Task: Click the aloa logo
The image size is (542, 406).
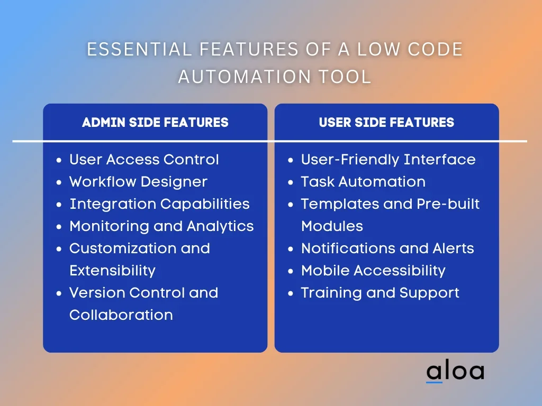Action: tap(455, 371)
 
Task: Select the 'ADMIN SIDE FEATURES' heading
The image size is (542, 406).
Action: tap(155, 122)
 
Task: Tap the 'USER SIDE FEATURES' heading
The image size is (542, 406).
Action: tap(386, 122)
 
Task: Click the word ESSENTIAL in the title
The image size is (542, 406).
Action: tap(139, 49)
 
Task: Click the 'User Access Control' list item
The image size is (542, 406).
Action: tap(144, 160)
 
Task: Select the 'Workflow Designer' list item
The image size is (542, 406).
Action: tap(138, 182)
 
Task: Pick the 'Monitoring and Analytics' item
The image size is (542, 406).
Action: tap(162, 226)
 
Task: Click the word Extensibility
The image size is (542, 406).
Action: tap(112, 271)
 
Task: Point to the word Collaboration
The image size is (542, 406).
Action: tap(121, 315)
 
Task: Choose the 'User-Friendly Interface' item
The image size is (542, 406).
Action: tap(388, 160)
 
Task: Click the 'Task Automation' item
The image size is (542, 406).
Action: tap(363, 182)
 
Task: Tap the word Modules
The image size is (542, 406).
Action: tap(332, 226)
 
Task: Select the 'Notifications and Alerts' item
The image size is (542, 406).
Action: tap(387, 248)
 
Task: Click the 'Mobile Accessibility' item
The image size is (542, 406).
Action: tap(373, 271)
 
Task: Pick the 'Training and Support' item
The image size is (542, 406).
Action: tap(380, 293)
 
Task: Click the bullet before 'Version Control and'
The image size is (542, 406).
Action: tap(59, 293)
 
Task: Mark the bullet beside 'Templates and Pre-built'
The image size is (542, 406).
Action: tap(291, 205)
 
